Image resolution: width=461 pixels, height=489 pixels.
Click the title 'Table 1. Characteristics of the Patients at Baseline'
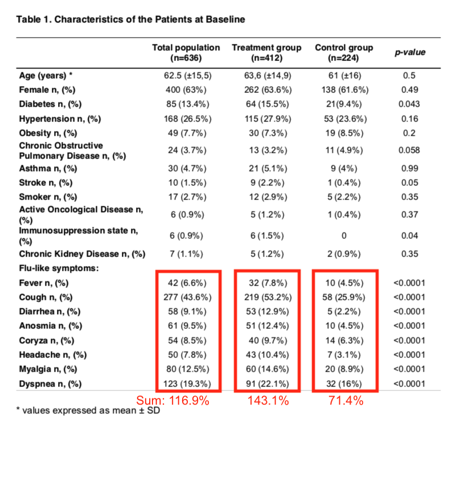[x=131, y=19]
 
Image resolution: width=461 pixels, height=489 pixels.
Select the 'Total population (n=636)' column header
[x=186, y=52]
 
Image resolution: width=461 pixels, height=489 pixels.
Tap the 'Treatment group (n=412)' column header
[x=266, y=52]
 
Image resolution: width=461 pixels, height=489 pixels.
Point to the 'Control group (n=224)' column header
[x=344, y=52]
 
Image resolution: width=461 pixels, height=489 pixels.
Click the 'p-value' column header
[x=410, y=52]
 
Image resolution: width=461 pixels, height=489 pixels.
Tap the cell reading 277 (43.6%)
[x=186, y=298]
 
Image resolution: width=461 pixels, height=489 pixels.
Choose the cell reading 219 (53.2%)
[x=266, y=298]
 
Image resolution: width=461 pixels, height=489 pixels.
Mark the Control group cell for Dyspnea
[x=344, y=384]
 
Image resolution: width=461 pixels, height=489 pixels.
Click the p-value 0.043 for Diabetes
[x=410, y=104]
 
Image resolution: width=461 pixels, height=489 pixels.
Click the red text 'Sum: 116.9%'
[x=173, y=401]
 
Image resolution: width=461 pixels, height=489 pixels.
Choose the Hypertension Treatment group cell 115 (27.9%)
[x=266, y=119]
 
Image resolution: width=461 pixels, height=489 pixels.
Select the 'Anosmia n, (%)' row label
[x=48, y=326]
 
